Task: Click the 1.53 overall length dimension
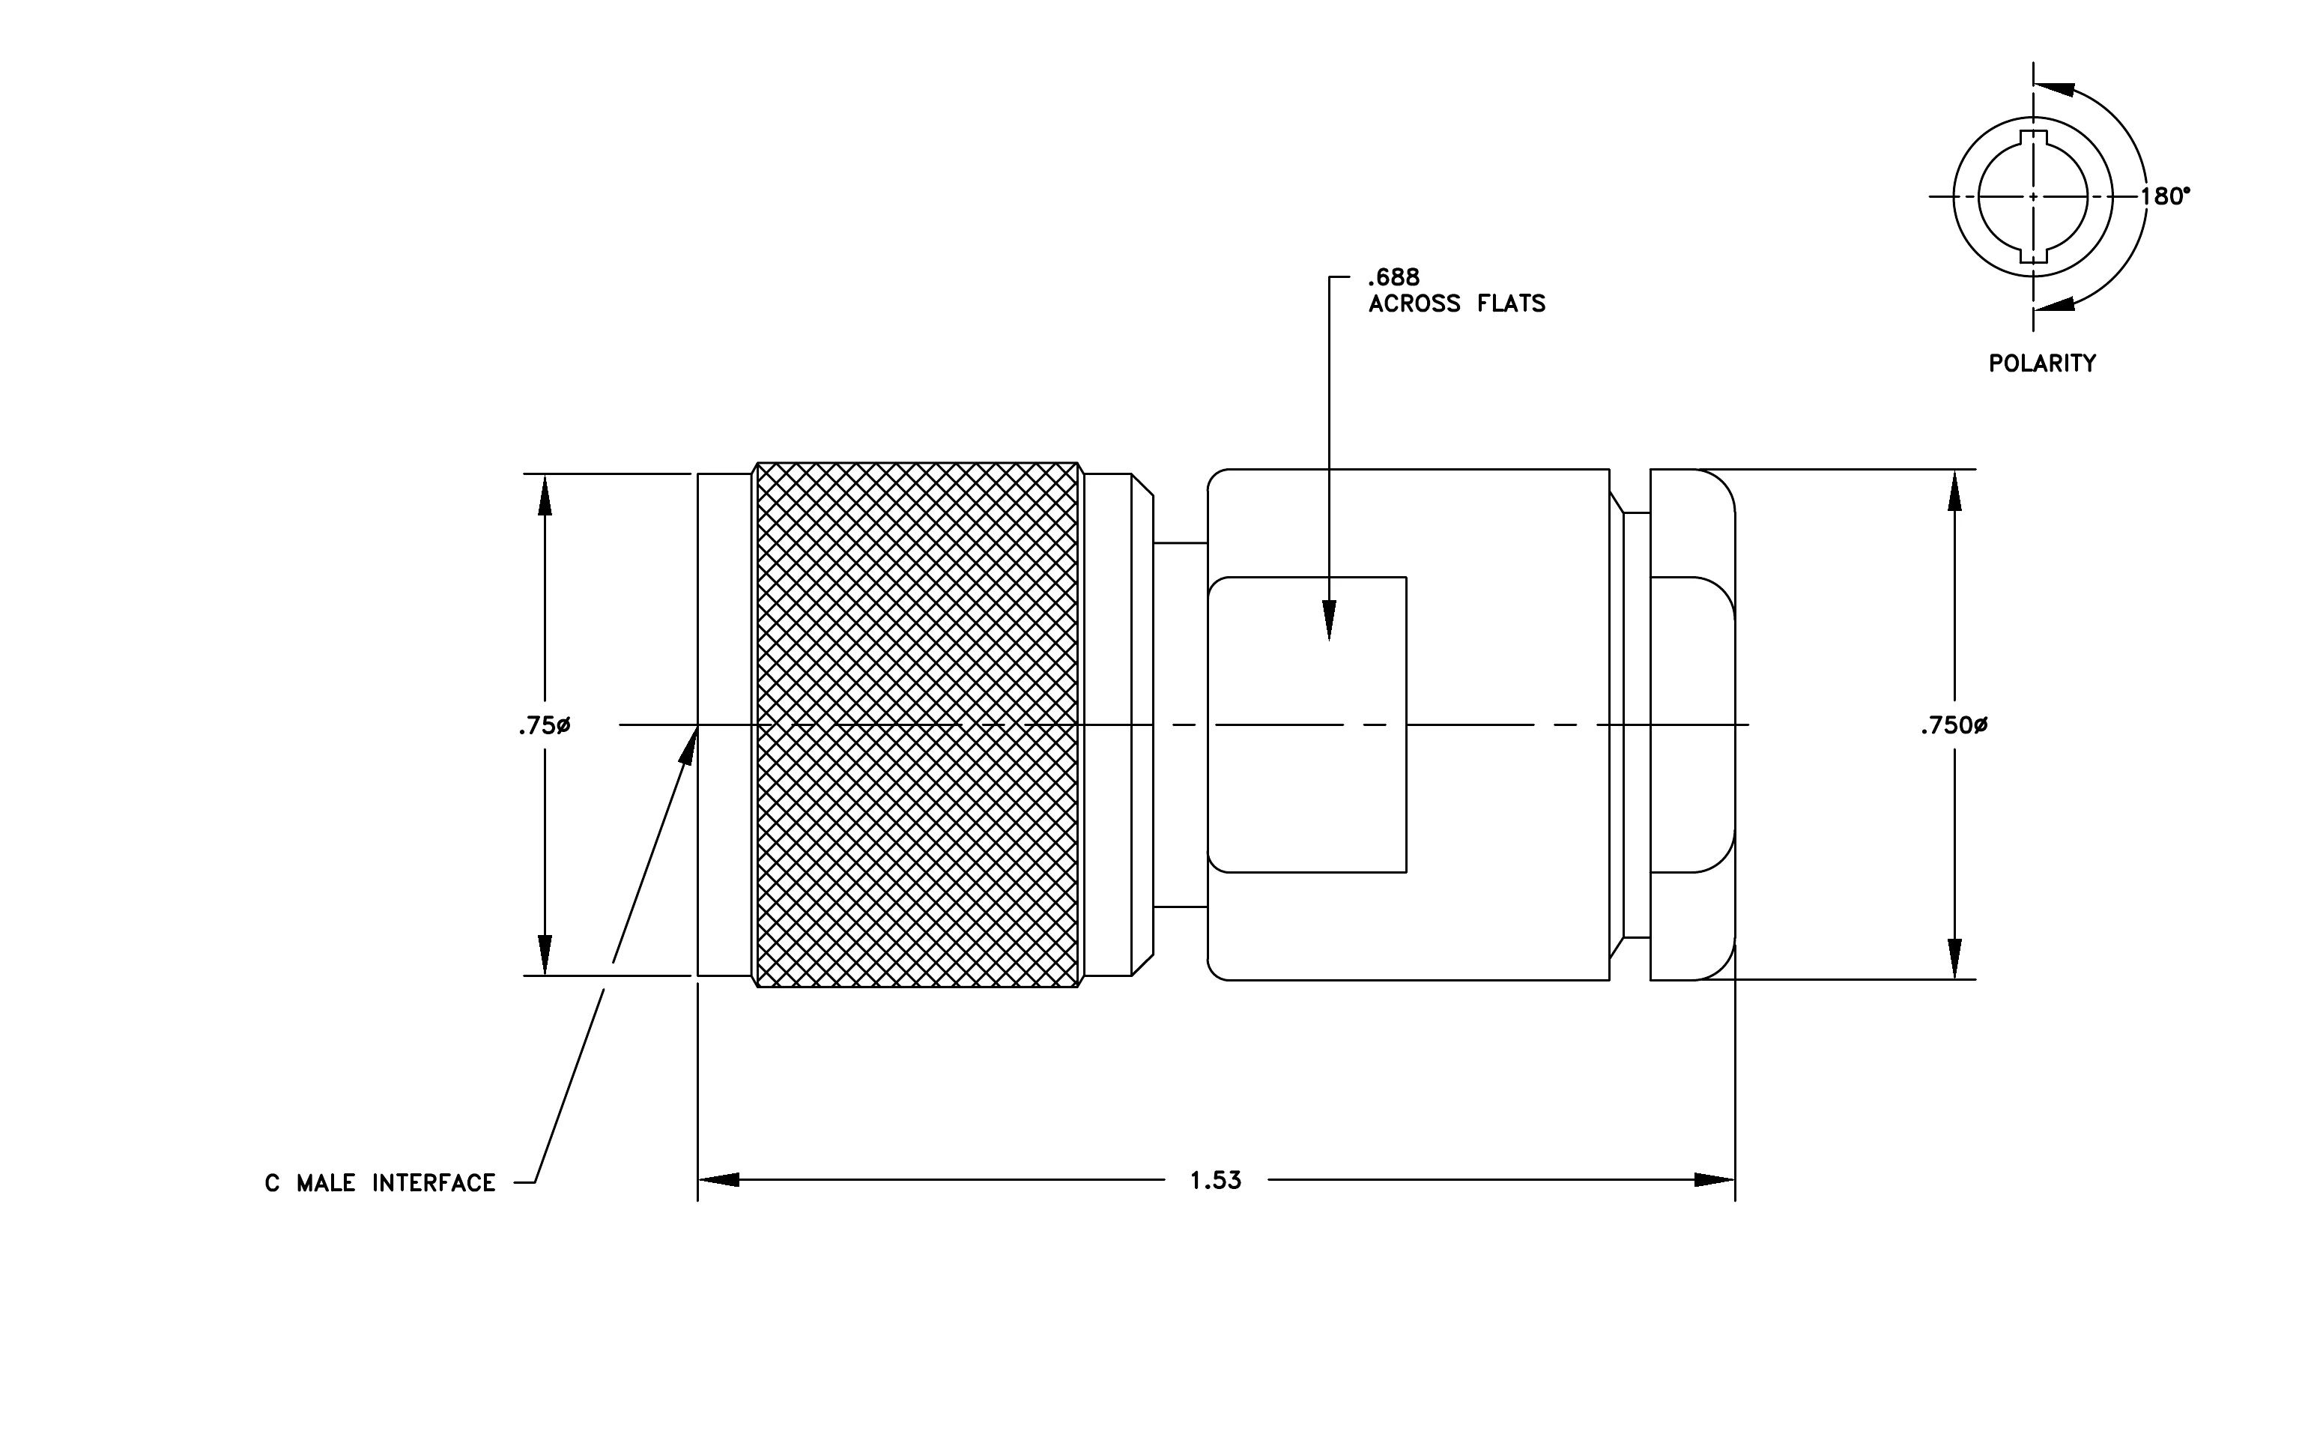coord(1215,1181)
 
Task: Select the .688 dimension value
coord(1394,278)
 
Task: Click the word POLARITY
coord(2042,363)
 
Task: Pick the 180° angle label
coord(2164,196)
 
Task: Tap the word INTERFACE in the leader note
coord(434,1184)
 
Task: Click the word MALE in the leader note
coord(326,1184)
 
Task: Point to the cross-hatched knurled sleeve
coord(918,725)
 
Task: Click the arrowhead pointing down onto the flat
coord(1330,620)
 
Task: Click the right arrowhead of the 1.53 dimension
coord(1714,1180)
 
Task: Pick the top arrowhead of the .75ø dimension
coord(545,494)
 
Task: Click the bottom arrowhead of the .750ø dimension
coord(1954,958)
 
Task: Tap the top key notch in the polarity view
coord(2034,137)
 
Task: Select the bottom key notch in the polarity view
coord(2034,255)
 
